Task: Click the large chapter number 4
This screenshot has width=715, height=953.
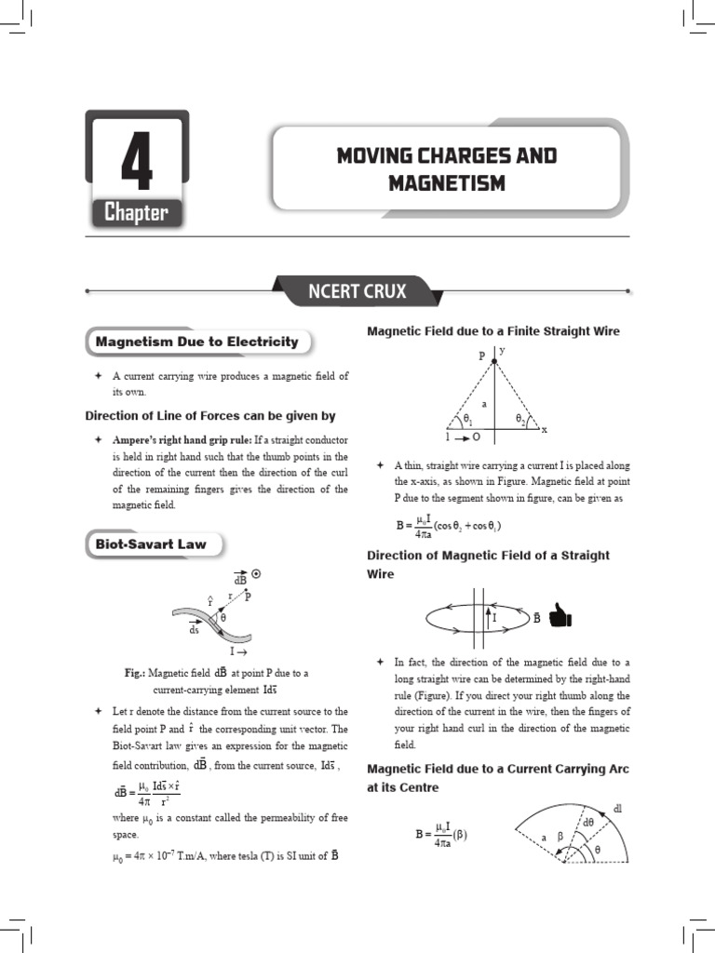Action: coord(136,165)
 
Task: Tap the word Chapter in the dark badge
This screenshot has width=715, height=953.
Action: coord(136,213)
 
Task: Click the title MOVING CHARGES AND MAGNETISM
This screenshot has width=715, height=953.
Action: coord(446,168)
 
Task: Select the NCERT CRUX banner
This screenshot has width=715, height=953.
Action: coord(357,291)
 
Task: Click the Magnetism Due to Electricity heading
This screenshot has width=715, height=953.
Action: coord(196,342)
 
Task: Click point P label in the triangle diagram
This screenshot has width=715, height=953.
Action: coord(481,356)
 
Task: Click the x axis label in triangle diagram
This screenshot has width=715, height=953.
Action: coord(545,430)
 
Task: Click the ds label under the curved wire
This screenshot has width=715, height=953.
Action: coord(195,629)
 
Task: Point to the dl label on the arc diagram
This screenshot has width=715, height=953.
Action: coord(616,810)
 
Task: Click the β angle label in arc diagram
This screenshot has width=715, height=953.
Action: coord(560,835)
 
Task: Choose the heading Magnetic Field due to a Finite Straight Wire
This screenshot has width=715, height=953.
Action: coord(493,331)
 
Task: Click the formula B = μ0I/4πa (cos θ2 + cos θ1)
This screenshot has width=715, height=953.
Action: coord(449,526)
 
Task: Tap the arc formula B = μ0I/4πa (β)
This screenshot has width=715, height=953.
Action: coord(441,836)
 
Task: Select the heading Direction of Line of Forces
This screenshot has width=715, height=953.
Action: coord(210,416)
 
